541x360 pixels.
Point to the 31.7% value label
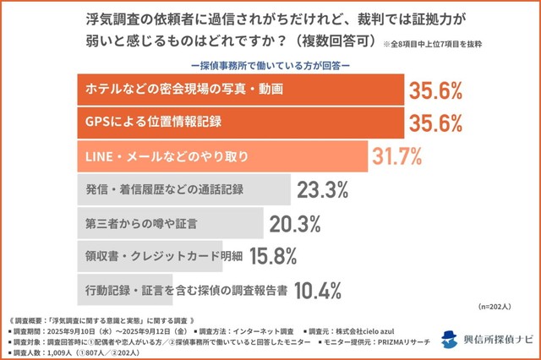coord(397,156)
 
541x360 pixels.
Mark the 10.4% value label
coord(315,290)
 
